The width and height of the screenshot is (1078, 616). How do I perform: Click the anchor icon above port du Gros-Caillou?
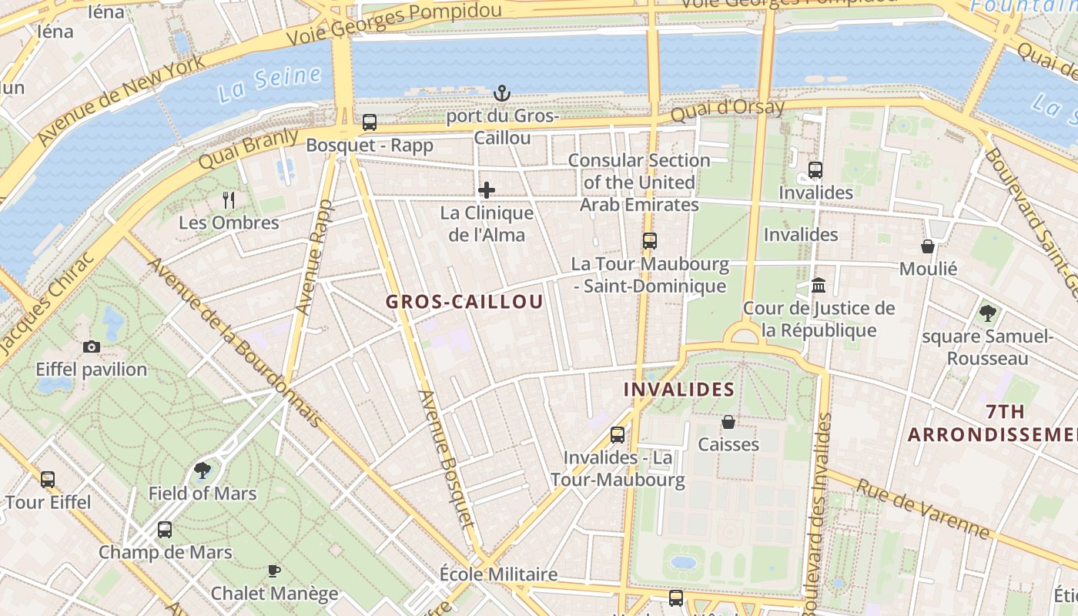tap(501, 94)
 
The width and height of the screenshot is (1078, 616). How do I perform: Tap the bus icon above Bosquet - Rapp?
tap(370, 122)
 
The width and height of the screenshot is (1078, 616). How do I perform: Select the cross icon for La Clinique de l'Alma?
tap(487, 189)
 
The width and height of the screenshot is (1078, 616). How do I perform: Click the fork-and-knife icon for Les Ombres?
tap(229, 200)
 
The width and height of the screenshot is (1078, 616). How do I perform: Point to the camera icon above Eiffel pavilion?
tap(92, 346)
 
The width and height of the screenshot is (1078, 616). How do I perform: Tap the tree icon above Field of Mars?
tap(203, 470)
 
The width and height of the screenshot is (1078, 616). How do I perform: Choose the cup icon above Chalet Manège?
tap(273, 571)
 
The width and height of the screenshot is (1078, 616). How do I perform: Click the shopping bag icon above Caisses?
tap(728, 422)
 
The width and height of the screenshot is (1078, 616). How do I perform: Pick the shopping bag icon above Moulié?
tap(928, 246)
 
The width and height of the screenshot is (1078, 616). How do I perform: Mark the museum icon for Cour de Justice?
tap(819, 286)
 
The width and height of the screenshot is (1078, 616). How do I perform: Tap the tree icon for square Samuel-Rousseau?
tap(987, 313)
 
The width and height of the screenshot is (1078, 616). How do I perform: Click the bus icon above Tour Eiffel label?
tap(48, 480)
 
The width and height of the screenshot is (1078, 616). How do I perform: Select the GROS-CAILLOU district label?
tap(464, 302)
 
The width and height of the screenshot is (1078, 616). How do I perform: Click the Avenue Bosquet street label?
tap(446, 458)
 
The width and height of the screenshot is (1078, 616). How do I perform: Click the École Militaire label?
tap(498, 574)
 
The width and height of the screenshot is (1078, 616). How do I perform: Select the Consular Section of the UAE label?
tap(639, 182)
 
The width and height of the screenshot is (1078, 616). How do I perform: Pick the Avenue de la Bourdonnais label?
tap(235, 343)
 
